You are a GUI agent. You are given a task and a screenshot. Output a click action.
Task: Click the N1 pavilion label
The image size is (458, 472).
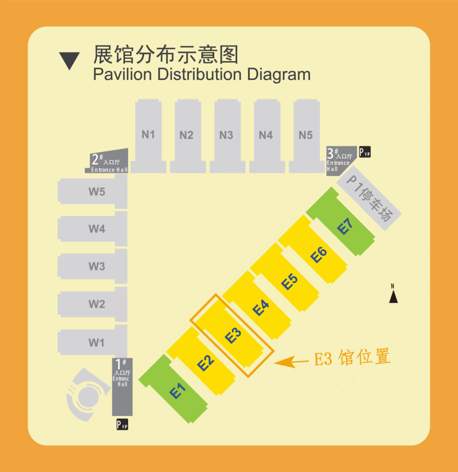(x=148, y=134)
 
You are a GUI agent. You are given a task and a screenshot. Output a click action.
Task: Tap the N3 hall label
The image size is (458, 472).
(x=226, y=135)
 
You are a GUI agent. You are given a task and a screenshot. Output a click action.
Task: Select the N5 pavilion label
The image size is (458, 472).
(x=306, y=135)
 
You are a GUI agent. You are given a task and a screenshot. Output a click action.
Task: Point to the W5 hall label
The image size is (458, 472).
(x=97, y=192)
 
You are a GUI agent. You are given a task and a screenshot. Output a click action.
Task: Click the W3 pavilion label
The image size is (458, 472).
(x=97, y=266)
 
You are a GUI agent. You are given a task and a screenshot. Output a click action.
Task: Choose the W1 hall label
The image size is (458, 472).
(x=96, y=343)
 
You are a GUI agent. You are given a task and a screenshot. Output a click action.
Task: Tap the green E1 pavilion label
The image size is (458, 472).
(x=178, y=391)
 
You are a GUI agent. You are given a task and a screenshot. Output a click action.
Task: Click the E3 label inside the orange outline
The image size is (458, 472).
(x=233, y=335)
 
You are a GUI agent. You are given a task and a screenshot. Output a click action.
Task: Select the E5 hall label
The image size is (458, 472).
(x=290, y=282)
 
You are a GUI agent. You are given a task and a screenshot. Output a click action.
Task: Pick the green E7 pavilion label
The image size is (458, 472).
(x=345, y=226)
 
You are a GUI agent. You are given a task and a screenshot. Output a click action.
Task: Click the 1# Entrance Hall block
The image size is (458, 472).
(x=122, y=387)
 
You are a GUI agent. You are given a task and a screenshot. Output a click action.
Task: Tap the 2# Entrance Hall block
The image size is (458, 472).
(x=107, y=161)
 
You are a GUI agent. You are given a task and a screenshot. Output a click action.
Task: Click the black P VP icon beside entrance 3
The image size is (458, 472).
(x=365, y=152)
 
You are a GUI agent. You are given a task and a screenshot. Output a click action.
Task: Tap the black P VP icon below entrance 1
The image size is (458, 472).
(x=123, y=425)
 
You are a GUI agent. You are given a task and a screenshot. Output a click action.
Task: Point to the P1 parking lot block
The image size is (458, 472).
(x=369, y=198)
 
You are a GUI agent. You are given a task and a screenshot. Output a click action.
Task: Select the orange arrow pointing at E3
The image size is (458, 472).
(x=291, y=361)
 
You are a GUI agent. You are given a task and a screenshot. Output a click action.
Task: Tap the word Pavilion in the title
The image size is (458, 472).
(x=123, y=74)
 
